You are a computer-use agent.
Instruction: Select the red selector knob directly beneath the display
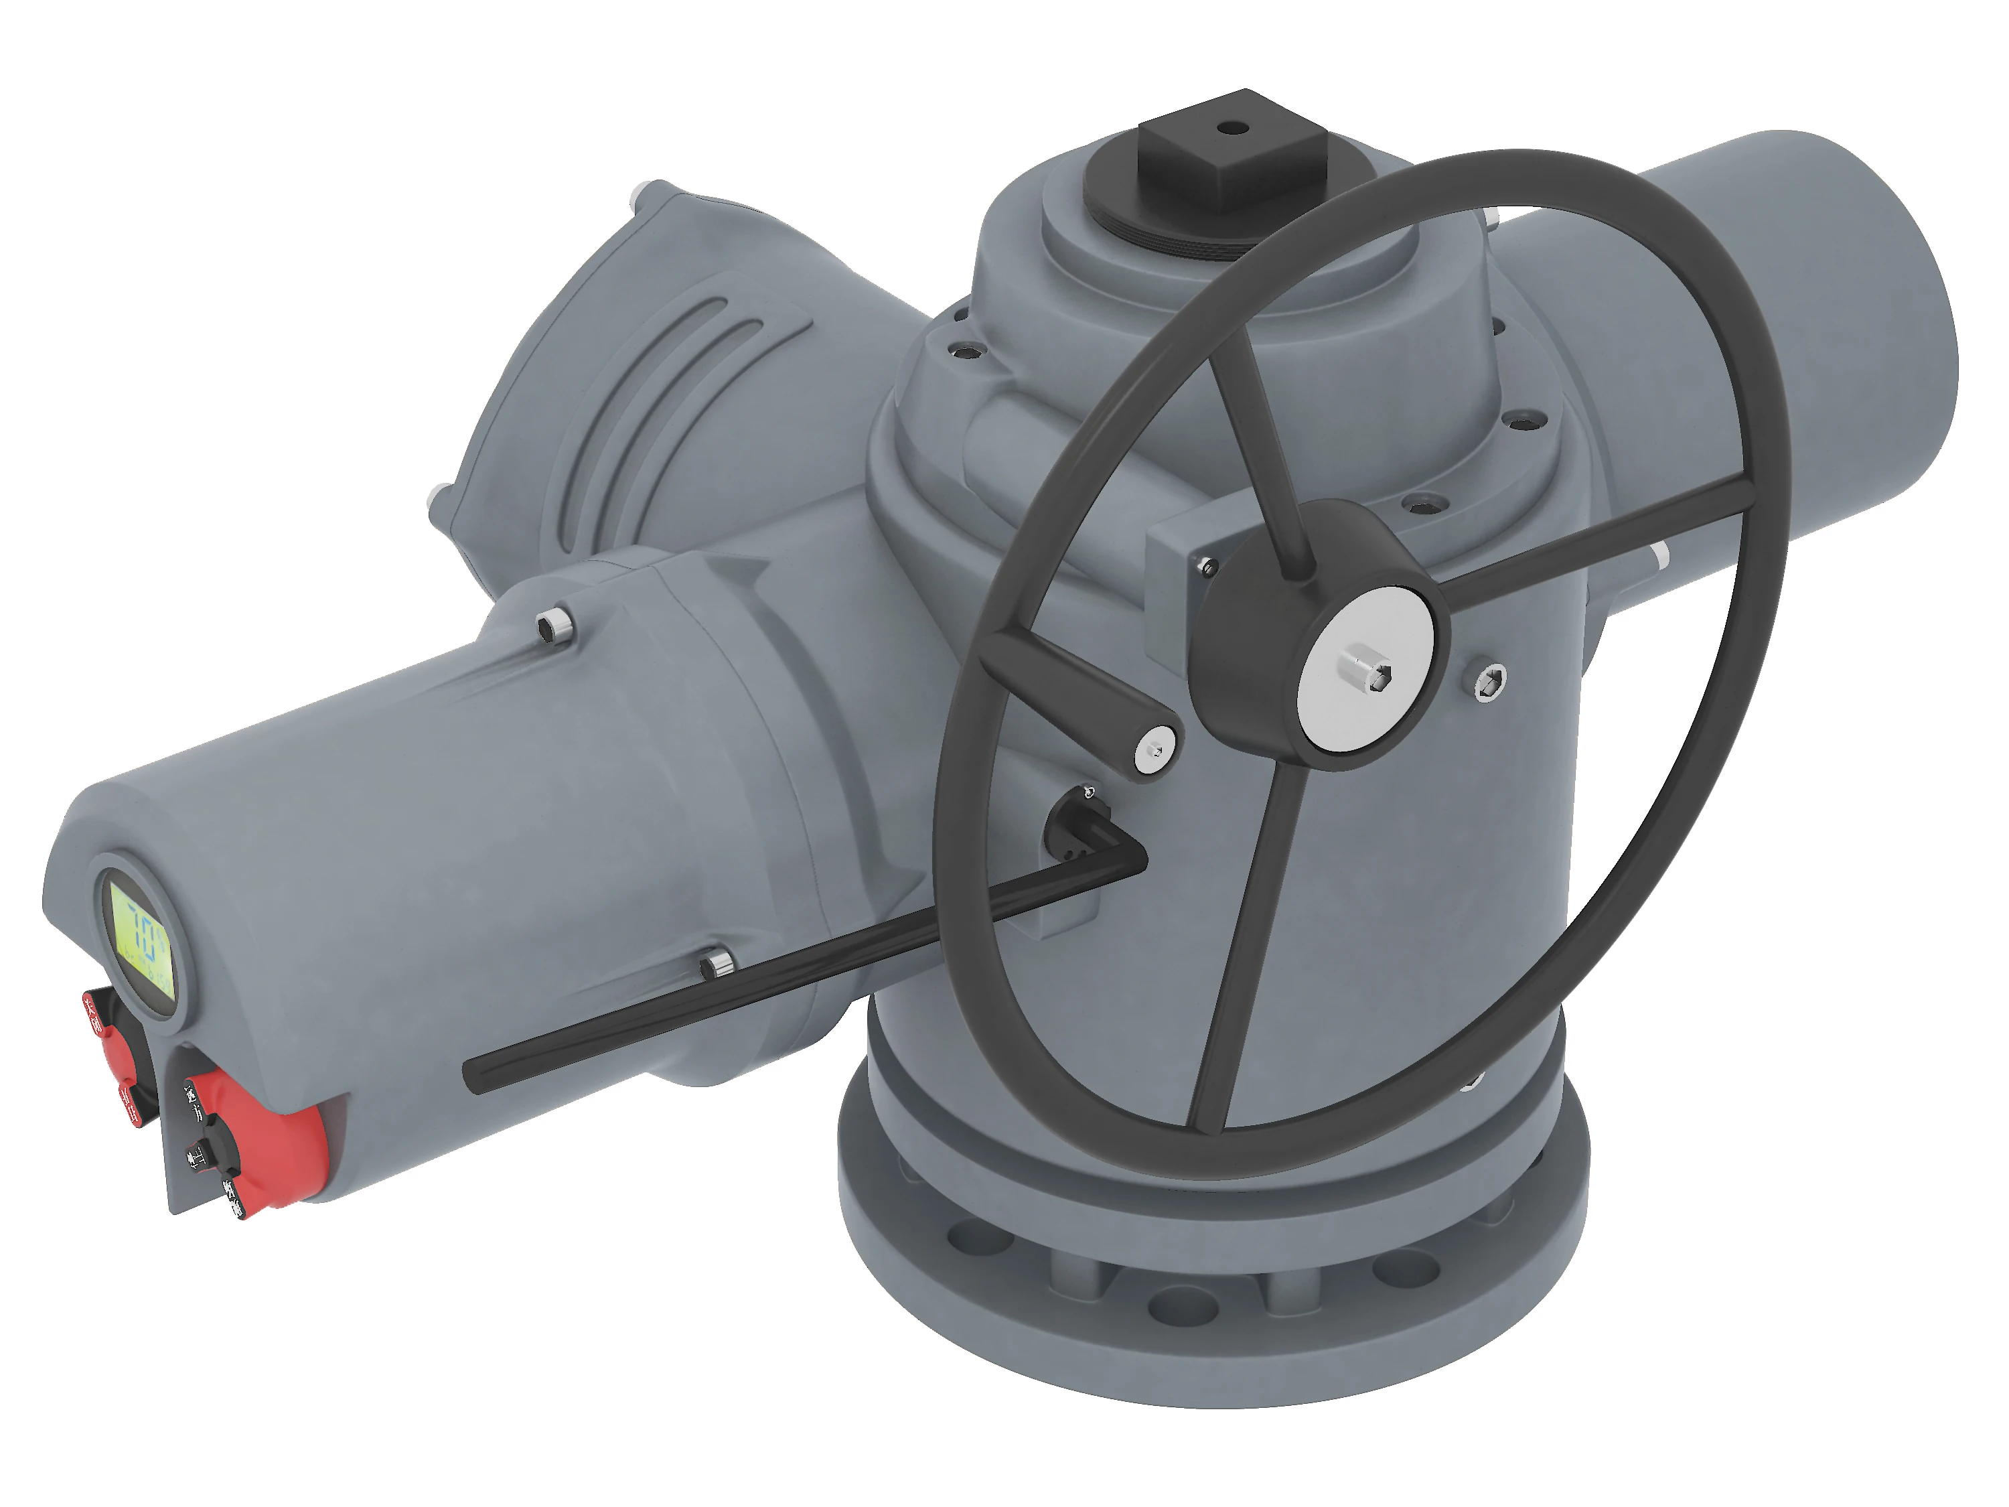coord(117,1054)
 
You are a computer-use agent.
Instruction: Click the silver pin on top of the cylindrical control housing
coord(553,625)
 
